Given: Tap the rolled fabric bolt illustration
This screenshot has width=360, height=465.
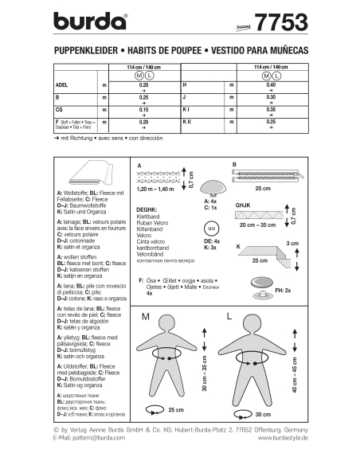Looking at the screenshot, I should tap(88, 170).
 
